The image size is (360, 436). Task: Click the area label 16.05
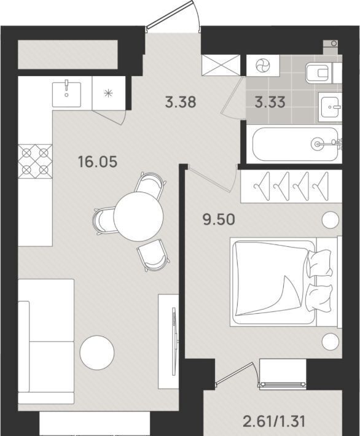pyautogui.click(x=98, y=162)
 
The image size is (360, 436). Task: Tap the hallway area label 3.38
pyautogui.click(x=181, y=102)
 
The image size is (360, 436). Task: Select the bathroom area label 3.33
pyautogui.click(x=270, y=102)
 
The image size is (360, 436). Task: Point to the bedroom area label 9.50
pyautogui.click(x=219, y=220)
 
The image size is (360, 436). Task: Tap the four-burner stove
pyautogui.click(x=35, y=162)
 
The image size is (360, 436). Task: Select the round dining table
pyautogui.click(x=138, y=217)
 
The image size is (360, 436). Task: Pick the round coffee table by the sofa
pyautogui.click(x=97, y=353)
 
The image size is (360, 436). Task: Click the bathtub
pyautogui.click(x=295, y=144)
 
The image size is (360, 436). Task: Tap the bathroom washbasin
pyautogui.click(x=331, y=107)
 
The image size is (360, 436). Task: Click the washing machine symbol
pyautogui.click(x=262, y=66)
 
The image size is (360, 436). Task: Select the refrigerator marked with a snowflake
pyautogui.click(x=109, y=93)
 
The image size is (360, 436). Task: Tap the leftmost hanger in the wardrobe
pyautogui.click(x=262, y=185)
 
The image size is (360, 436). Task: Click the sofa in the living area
pyautogui.click(x=46, y=341)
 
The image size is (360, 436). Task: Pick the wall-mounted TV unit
pyautogui.click(x=168, y=341)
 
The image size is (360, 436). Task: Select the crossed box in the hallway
pyautogui.click(x=221, y=65)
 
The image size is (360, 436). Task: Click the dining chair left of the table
pyautogui.click(x=103, y=220)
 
